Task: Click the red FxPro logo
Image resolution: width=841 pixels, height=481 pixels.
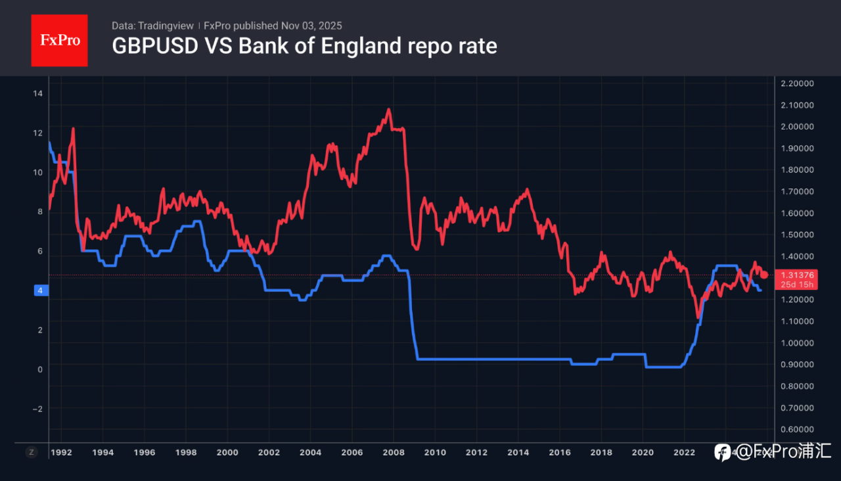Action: pos(59,40)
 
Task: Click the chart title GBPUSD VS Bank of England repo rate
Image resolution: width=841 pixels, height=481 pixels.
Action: pos(304,47)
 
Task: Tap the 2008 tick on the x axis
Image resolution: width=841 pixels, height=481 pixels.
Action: pos(394,452)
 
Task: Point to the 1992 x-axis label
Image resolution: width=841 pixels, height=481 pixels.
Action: pos(62,452)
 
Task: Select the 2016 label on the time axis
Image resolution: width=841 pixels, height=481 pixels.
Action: pos(560,452)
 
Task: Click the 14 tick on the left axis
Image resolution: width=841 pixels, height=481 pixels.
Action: pos(37,93)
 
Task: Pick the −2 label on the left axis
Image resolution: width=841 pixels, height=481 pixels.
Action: pos(37,409)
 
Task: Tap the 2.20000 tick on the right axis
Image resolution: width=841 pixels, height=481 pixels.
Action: pos(797,83)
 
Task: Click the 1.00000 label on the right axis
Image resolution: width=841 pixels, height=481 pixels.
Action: pos(797,343)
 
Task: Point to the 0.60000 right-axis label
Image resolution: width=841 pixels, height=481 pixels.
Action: pos(797,430)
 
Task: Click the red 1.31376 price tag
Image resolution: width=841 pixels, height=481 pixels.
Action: pos(797,275)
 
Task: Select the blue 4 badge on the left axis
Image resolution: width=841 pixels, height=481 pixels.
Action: pos(40,290)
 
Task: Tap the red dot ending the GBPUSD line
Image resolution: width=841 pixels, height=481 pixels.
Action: pos(764,275)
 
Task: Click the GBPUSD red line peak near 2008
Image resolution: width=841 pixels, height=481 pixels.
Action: pos(389,110)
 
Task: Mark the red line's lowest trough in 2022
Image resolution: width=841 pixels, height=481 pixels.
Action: pos(698,318)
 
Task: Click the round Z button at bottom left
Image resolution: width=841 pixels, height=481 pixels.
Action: pos(31,452)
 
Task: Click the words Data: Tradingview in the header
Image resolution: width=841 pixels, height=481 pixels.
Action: pos(152,26)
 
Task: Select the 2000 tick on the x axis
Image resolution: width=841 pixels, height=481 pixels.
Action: pos(227,452)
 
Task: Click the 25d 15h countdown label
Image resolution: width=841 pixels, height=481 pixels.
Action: pos(797,285)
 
